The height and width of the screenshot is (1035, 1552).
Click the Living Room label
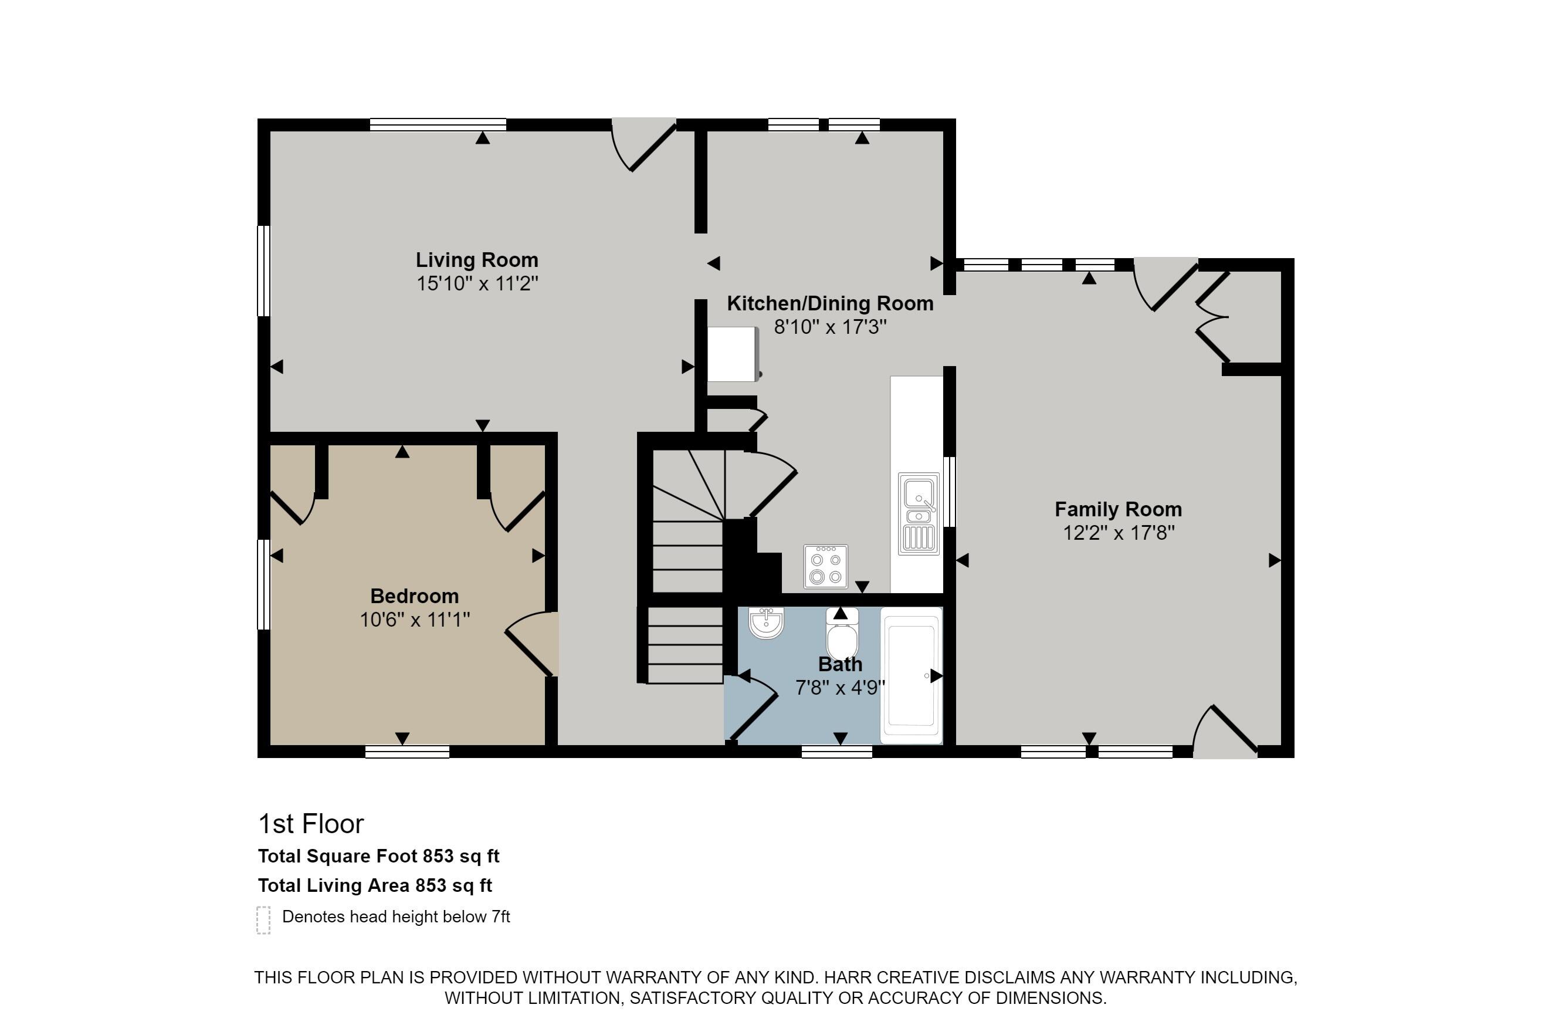click(x=476, y=259)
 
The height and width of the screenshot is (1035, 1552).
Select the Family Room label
click(x=1118, y=509)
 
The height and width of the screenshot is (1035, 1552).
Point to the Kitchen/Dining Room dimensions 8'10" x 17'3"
click(x=830, y=327)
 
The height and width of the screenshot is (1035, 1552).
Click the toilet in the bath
click(x=842, y=634)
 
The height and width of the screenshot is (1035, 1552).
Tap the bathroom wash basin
click(x=766, y=623)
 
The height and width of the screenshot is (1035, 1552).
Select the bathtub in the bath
click(x=911, y=676)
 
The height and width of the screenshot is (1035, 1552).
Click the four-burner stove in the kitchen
click(x=825, y=566)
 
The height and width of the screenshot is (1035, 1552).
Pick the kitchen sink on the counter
click(x=919, y=513)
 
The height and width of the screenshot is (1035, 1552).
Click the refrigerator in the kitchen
click(x=733, y=354)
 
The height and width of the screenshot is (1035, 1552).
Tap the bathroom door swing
click(x=752, y=708)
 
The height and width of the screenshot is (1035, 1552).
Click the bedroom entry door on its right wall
click(x=533, y=644)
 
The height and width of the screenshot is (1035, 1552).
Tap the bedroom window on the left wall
click(x=263, y=585)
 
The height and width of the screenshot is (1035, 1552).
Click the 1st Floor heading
click(x=311, y=824)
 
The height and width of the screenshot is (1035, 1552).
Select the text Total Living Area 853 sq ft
click(x=375, y=885)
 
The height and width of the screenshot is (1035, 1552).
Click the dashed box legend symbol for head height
click(x=263, y=919)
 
